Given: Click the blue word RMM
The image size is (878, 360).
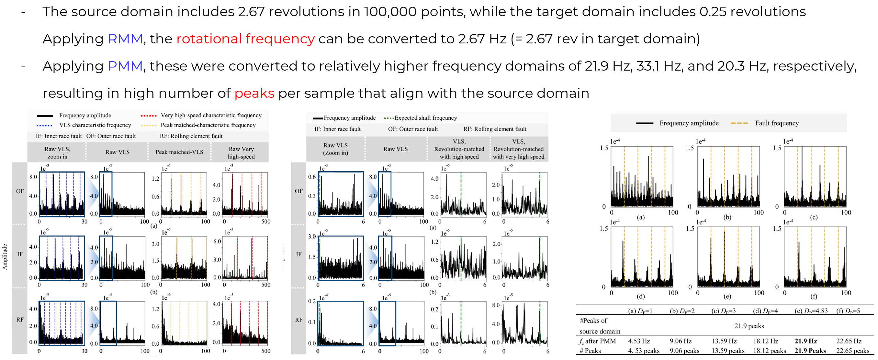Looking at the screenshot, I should (x=125, y=39).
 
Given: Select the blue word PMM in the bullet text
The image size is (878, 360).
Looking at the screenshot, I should (x=125, y=66).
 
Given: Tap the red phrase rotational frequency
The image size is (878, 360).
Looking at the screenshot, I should (x=245, y=39).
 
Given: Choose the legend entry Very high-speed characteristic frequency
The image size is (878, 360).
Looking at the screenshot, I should (x=211, y=115).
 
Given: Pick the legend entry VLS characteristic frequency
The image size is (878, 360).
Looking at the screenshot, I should (x=95, y=125).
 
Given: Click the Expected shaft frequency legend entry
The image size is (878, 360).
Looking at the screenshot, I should (x=425, y=118).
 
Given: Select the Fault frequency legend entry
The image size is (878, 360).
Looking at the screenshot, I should (x=776, y=123).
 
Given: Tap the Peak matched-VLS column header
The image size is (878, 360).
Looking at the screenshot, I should (x=179, y=152).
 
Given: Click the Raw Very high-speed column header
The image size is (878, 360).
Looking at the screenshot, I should (x=241, y=153).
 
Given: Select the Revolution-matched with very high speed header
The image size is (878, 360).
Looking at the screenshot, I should (x=518, y=149).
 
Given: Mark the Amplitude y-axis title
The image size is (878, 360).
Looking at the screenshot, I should (x=5, y=257).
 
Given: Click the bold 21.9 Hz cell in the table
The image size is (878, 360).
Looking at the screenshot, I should (x=806, y=341).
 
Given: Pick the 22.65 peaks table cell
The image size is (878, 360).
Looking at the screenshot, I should (x=853, y=351).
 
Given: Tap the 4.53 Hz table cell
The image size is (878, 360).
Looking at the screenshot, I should (x=639, y=341).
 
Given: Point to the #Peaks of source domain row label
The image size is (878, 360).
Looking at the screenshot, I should (x=600, y=326).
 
